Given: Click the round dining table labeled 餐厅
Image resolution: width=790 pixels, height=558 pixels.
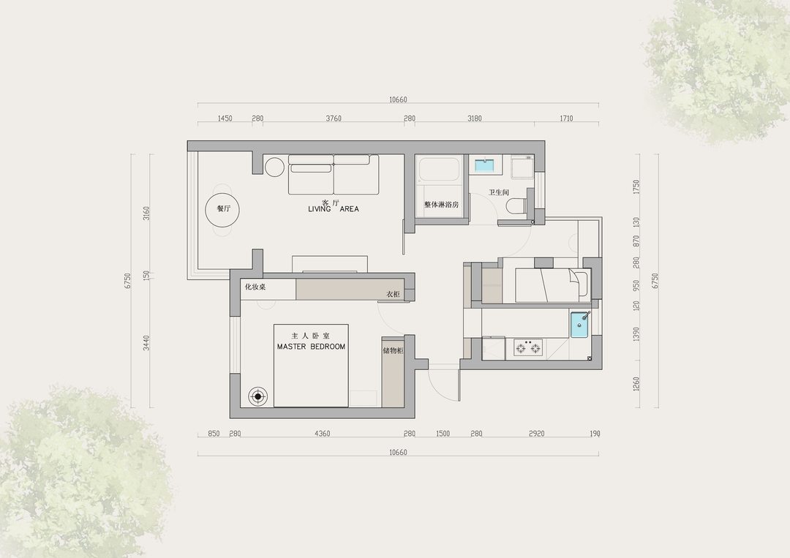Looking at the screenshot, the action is [x=222, y=209].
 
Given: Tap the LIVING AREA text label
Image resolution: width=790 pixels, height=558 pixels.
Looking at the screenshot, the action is [x=334, y=209].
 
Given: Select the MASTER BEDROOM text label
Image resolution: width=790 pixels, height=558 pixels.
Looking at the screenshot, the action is [x=311, y=347].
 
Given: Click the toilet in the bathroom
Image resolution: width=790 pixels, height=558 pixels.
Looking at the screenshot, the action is [x=515, y=206].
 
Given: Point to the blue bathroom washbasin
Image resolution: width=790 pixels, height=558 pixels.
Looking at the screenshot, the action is [x=486, y=165].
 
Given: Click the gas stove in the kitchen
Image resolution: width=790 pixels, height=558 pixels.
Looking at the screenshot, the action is [x=528, y=347].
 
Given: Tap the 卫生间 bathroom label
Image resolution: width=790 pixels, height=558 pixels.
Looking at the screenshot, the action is [x=499, y=192].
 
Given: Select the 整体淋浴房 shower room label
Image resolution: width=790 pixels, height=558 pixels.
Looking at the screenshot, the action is [x=441, y=205].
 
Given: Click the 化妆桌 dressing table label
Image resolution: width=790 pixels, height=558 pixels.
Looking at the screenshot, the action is [x=255, y=287].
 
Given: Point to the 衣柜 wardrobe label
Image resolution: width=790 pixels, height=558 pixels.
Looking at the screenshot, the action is [x=393, y=294].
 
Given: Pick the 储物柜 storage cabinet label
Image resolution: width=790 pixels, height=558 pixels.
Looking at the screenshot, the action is [x=394, y=350].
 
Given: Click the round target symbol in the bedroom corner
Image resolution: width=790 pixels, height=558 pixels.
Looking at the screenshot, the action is [x=258, y=397].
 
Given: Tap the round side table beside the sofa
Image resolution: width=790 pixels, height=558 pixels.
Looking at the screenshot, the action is [x=275, y=167].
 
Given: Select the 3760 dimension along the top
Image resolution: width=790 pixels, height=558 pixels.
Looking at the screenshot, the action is [x=334, y=119].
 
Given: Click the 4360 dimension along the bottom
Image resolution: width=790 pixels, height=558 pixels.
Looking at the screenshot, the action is [x=322, y=434].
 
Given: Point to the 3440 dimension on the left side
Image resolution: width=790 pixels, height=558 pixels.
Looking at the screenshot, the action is [x=146, y=342].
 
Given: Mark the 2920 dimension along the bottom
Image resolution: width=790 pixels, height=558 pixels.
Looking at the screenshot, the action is [x=536, y=434].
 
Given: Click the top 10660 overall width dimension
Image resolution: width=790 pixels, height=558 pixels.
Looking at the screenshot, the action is [x=398, y=99].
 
